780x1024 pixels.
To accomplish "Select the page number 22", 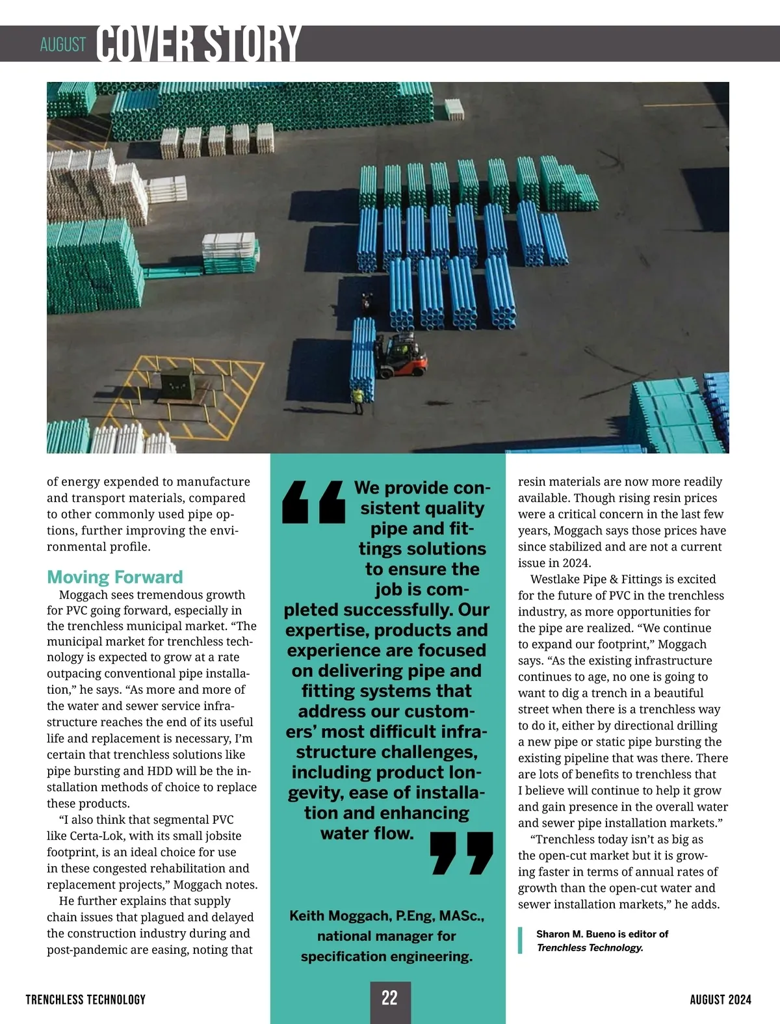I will (x=389, y=998).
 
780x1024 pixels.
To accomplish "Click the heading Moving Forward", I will (x=115, y=577).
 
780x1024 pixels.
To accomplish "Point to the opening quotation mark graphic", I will (x=313, y=502).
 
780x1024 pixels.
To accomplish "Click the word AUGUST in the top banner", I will (x=63, y=45).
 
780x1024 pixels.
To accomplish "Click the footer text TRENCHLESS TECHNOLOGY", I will (x=86, y=999).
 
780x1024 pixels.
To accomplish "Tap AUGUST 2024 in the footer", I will (x=720, y=999).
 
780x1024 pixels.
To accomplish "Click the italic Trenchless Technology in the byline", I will (x=590, y=947).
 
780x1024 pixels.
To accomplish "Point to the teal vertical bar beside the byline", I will (x=520, y=940).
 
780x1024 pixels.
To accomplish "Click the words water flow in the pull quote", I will (x=367, y=833).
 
